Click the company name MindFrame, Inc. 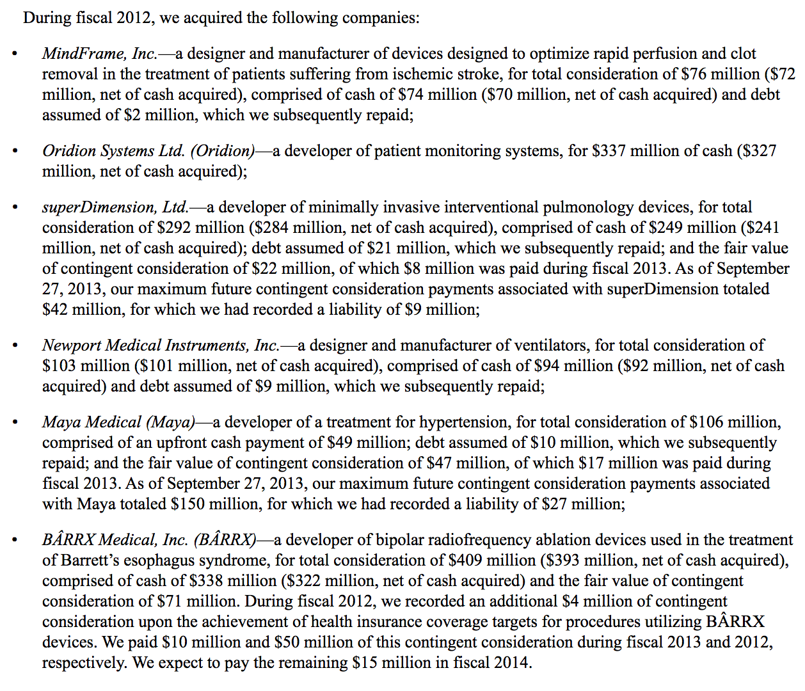point(100,54)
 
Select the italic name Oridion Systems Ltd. point(114,151)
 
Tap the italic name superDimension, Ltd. point(115,207)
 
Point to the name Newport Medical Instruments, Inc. point(161,345)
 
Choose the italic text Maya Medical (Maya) point(119,422)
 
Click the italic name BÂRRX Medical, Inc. point(115,540)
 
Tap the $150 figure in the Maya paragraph point(187,504)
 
